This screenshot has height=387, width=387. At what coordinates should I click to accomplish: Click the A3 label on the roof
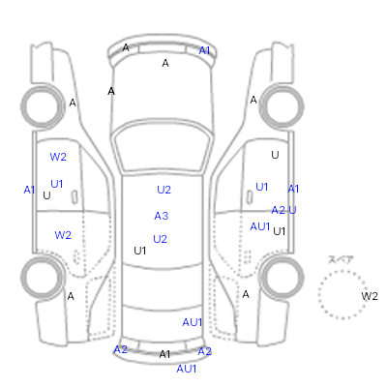point(162,216)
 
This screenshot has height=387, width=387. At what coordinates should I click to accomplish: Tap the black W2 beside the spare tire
point(370,296)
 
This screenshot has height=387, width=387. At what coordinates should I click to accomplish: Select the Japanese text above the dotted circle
point(341,259)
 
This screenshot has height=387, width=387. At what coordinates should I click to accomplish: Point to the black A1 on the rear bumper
point(164,354)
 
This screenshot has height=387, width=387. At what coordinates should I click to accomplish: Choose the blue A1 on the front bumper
point(204,50)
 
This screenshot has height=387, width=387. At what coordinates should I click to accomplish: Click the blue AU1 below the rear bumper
point(187,369)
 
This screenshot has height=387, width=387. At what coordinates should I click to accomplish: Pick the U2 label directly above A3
point(164,190)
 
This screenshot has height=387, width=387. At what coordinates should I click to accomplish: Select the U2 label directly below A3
point(160,239)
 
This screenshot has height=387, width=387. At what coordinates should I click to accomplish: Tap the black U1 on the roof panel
point(140,251)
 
